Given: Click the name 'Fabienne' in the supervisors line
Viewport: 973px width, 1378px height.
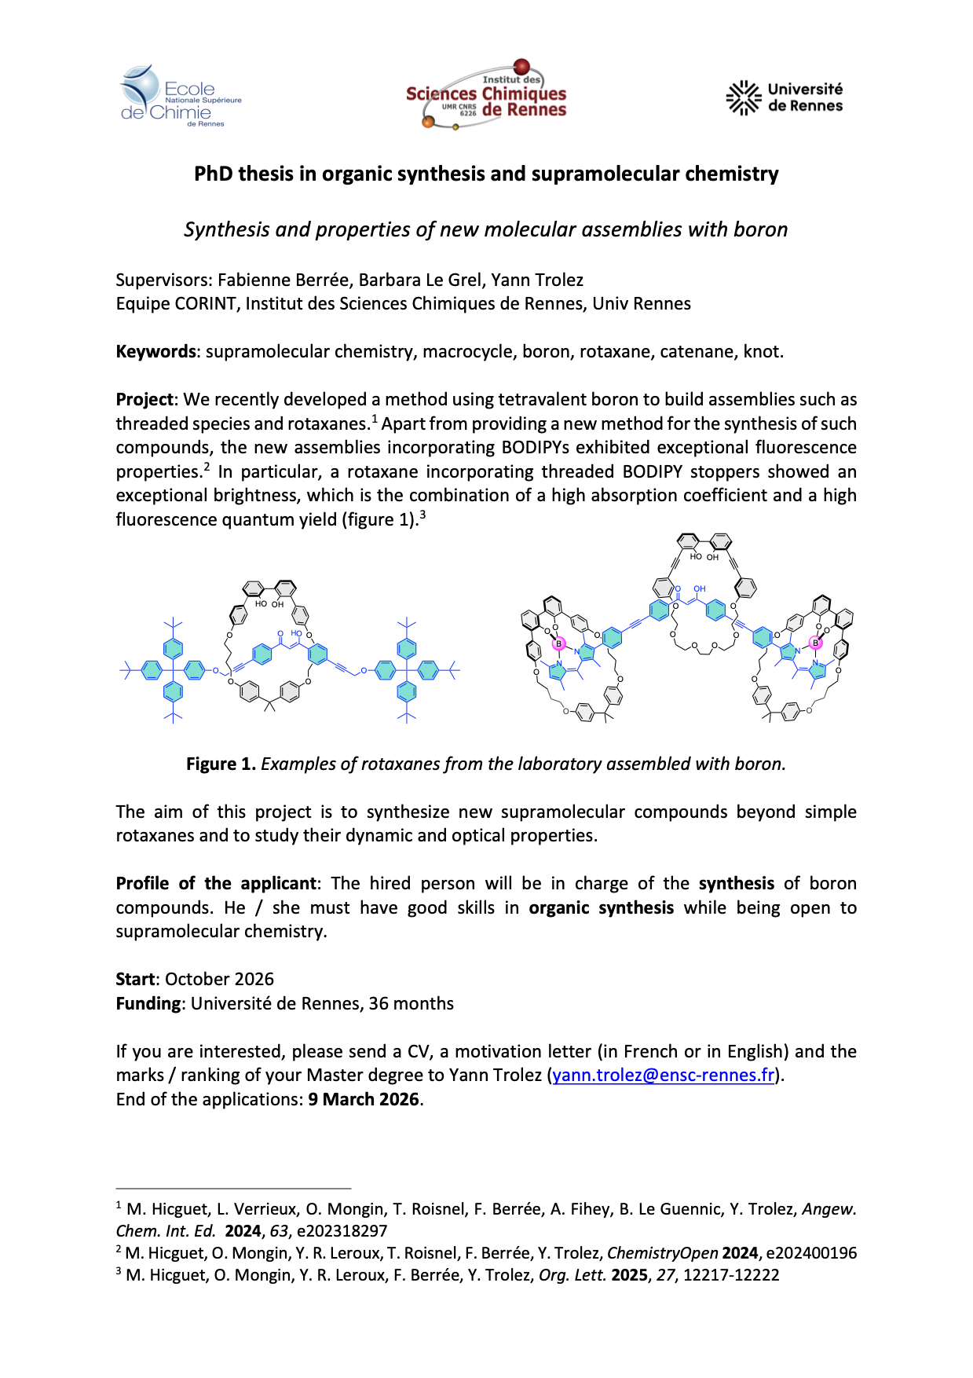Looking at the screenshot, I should (x=251, y=280).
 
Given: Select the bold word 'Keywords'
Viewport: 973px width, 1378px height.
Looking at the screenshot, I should (x=155, y=351).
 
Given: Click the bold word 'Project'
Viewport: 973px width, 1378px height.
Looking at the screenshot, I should (x=144, y=399).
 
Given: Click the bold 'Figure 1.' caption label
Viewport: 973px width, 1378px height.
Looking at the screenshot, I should (x=221, y=764).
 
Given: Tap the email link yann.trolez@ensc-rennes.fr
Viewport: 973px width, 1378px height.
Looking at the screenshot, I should (x=664, y=1075).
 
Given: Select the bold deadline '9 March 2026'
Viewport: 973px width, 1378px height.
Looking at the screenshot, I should (x=364, y=1099).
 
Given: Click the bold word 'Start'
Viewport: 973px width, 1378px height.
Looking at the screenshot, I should (x=136, y=979).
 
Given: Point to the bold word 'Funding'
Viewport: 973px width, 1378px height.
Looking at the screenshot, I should (x=148, y=1003).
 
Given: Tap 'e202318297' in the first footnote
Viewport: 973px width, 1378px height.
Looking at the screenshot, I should (x=342, y=1230).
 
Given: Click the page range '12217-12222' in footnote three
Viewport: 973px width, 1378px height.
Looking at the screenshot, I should (x=731, y=1274).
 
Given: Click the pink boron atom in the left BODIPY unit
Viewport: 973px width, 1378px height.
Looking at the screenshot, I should (x=559, y=643).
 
